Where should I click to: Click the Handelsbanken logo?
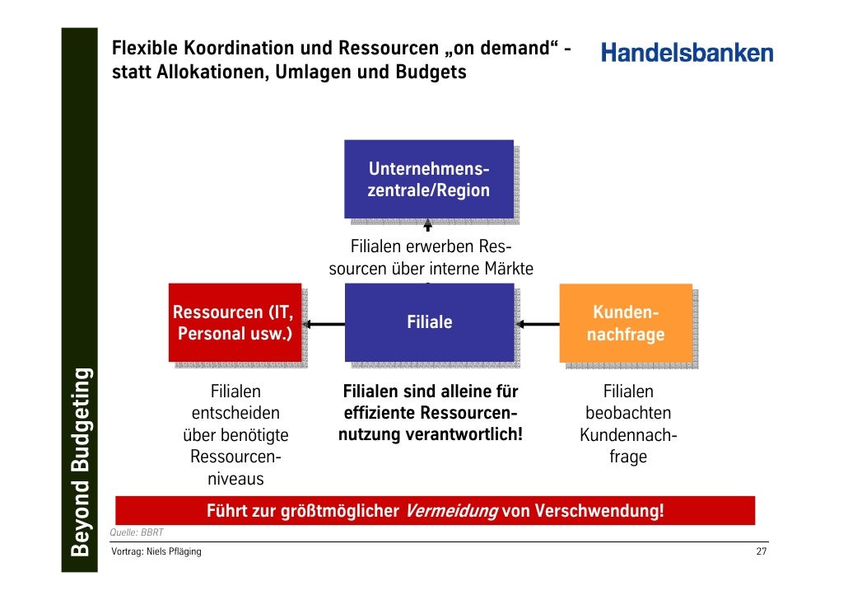[x=687, y=53]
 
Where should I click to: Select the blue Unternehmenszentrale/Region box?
[x=428, y=180]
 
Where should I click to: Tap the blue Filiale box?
[x=429, y=322]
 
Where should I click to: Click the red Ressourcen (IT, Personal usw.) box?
[x=234, y=323]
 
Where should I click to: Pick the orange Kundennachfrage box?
[x=625, y=323]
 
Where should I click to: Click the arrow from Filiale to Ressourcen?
[x=324, y=324]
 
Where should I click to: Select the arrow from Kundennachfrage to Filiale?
[x=539, y=324]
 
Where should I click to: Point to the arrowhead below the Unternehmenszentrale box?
[x=427, y=223]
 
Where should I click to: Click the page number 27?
[x=761, y=551]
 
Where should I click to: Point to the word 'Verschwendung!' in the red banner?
[x=599, y=511]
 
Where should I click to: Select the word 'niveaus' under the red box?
[x=235, y=478]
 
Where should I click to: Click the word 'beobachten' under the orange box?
[x=628, y=413]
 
